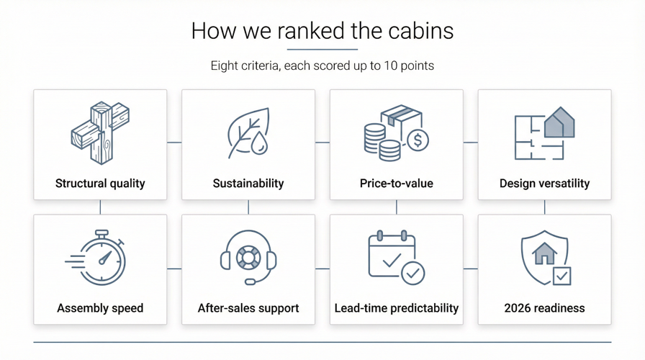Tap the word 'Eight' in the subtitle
224,66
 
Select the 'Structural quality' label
100,184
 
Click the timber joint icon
100,132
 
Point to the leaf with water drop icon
248,133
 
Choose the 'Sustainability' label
248,184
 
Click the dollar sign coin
418,140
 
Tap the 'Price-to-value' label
397,184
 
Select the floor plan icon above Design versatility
544,134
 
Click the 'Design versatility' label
544,184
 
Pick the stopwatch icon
101,258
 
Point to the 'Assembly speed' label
100,308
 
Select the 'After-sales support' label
248,308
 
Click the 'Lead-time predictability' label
397,308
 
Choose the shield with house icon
544,258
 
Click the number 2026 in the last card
518,308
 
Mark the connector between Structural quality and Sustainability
174,143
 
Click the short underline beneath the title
322,50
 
